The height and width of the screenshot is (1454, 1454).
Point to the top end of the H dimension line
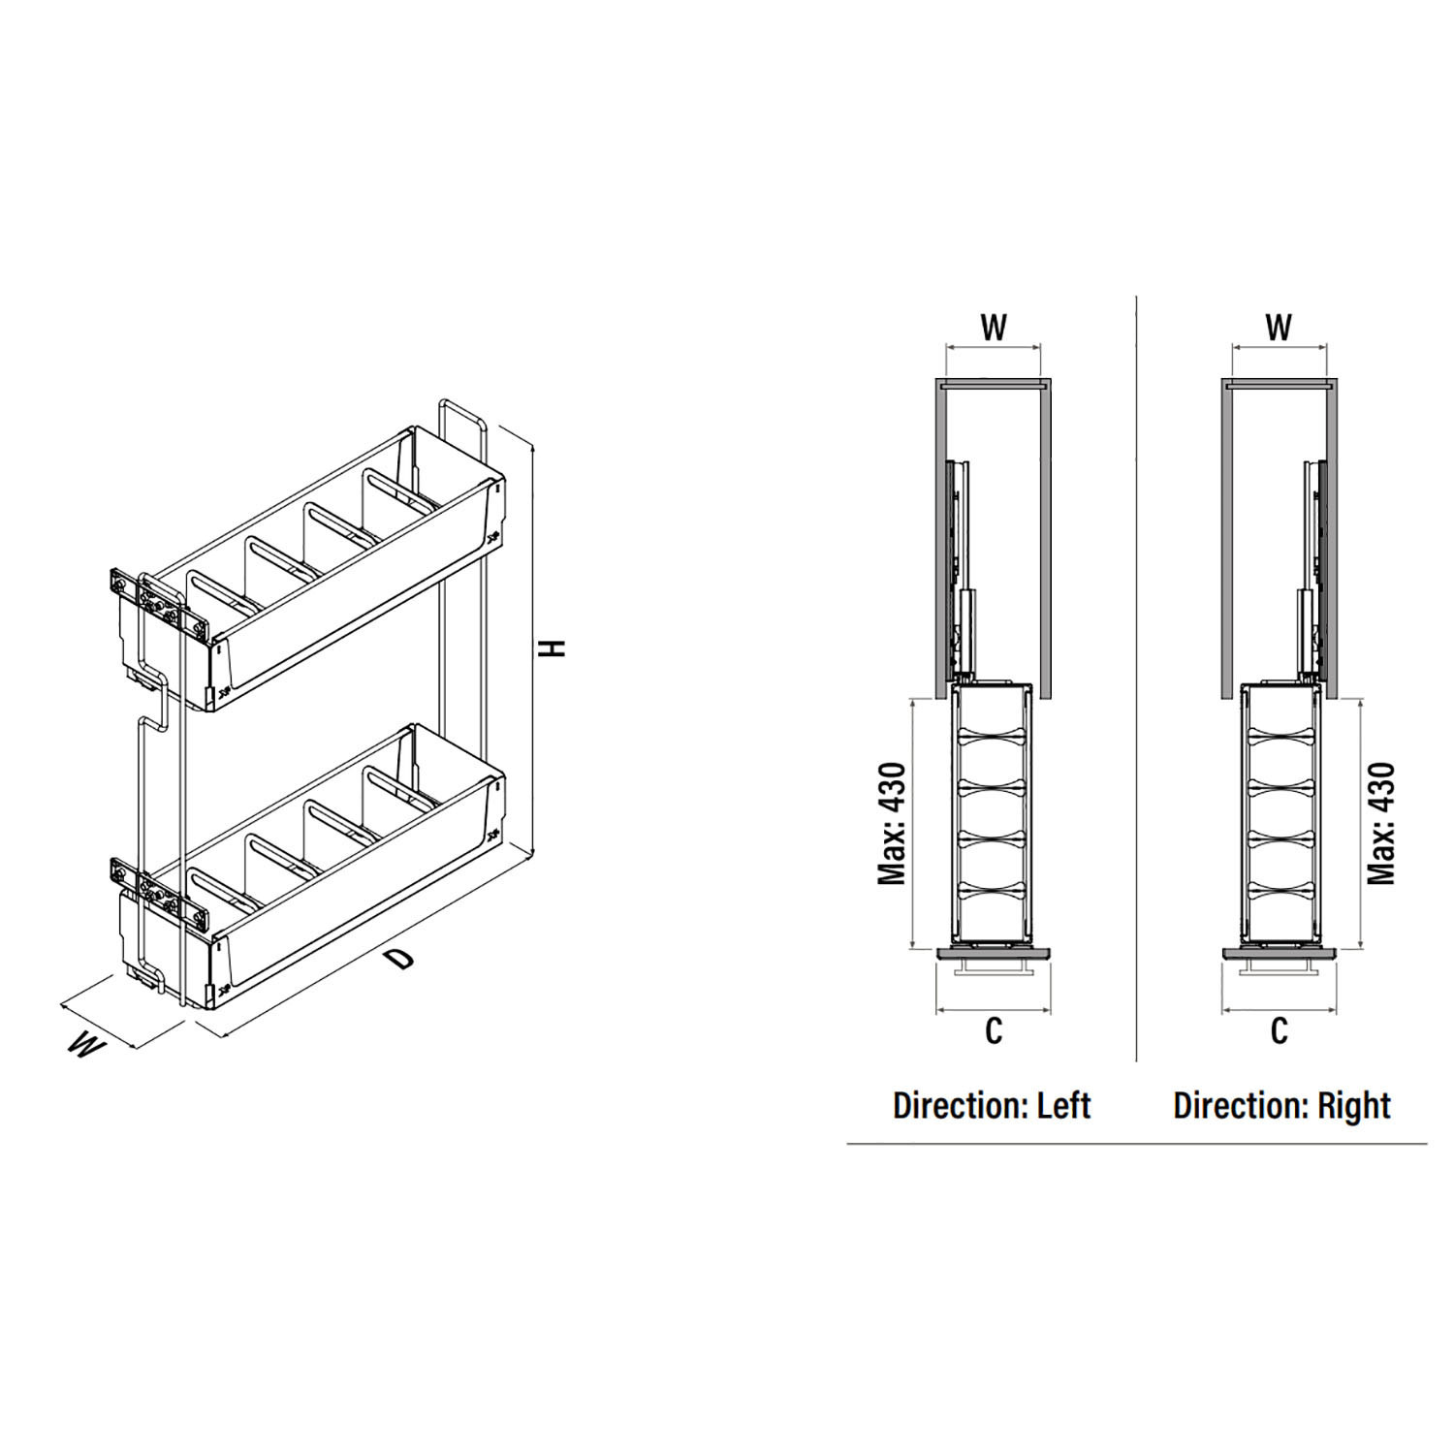click(533, 443)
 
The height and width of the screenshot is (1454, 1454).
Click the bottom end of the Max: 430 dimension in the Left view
click(913, 949)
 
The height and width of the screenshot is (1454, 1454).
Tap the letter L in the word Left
click(1046, 1105)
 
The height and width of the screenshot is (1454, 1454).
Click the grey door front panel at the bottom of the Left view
click(994, 954)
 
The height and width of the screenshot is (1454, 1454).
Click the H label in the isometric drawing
click(553, 648)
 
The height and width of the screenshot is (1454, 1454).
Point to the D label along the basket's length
click(398, 960)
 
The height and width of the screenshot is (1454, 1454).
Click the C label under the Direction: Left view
click(994, 1031)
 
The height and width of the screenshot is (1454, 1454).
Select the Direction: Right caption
click(1281, 1106)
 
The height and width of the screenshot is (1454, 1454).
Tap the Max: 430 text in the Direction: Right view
click(1381, 823)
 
